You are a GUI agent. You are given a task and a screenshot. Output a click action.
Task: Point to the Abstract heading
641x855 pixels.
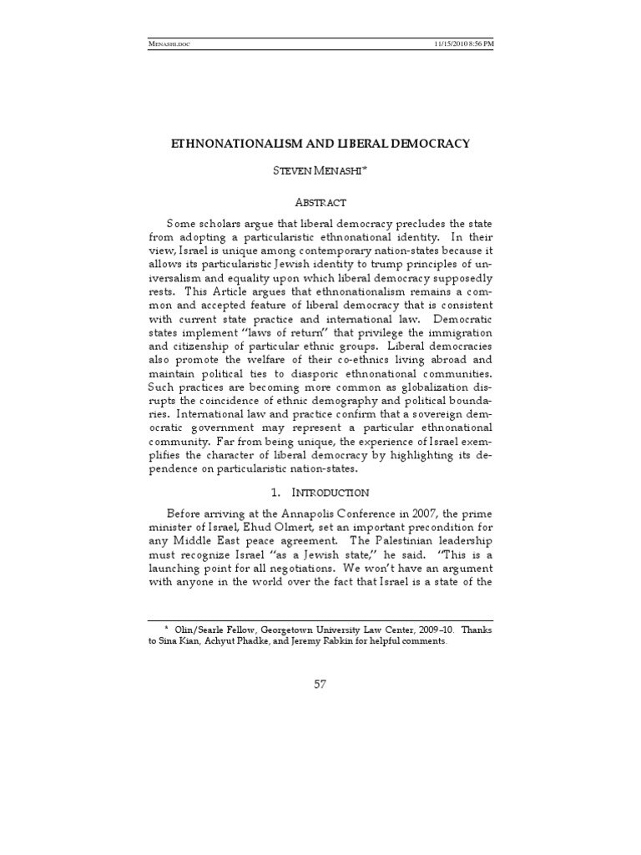tap(320, 202)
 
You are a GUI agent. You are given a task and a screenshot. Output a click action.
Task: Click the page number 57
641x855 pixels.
tap(320, 685)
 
